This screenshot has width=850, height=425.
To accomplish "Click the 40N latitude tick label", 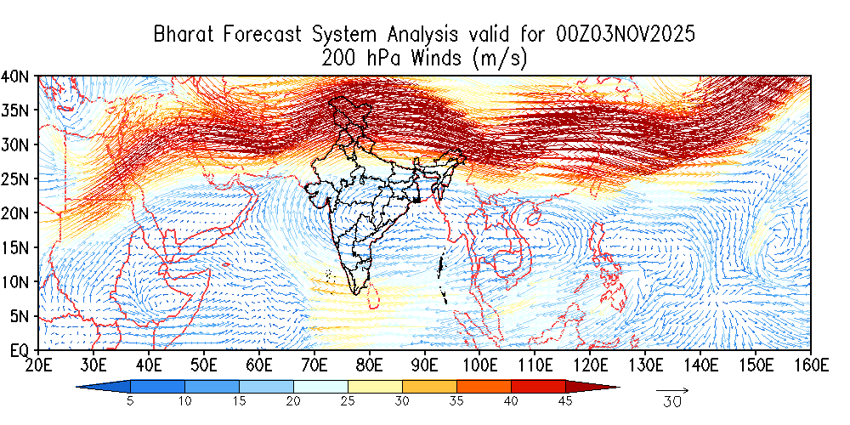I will (16, 76).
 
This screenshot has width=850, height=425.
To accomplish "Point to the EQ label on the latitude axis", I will (19, 349).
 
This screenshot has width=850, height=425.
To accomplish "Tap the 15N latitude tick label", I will (16, 247).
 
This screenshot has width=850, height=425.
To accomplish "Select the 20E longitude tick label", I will (38, 365).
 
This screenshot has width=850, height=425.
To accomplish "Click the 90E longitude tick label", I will (424, 365).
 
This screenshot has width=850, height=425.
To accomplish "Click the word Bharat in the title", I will (185, 35).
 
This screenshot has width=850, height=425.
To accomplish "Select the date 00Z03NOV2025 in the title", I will (626, 35).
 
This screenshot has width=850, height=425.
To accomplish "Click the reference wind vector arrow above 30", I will (672, 390).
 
